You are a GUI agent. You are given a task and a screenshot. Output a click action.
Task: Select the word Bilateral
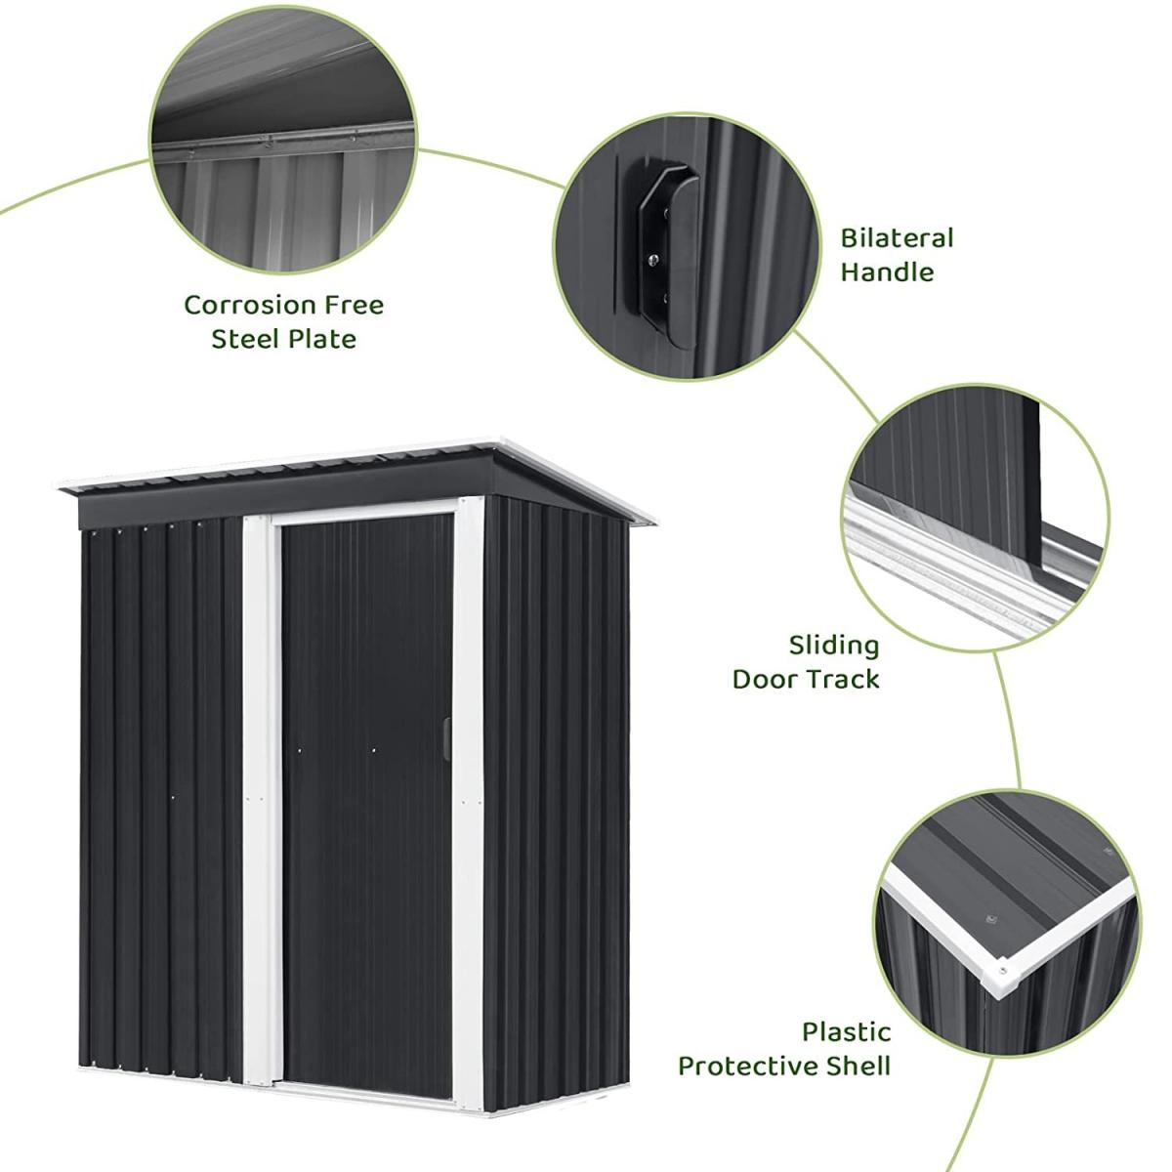tap(898, 237)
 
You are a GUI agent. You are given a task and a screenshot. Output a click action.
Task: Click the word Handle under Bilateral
tap(887, 272)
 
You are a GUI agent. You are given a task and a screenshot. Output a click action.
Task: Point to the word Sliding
tap(834, 646)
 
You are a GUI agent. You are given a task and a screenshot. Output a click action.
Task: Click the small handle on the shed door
tap(446, 739)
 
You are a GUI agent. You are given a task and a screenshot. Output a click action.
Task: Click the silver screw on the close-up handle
tap(652, 260)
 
